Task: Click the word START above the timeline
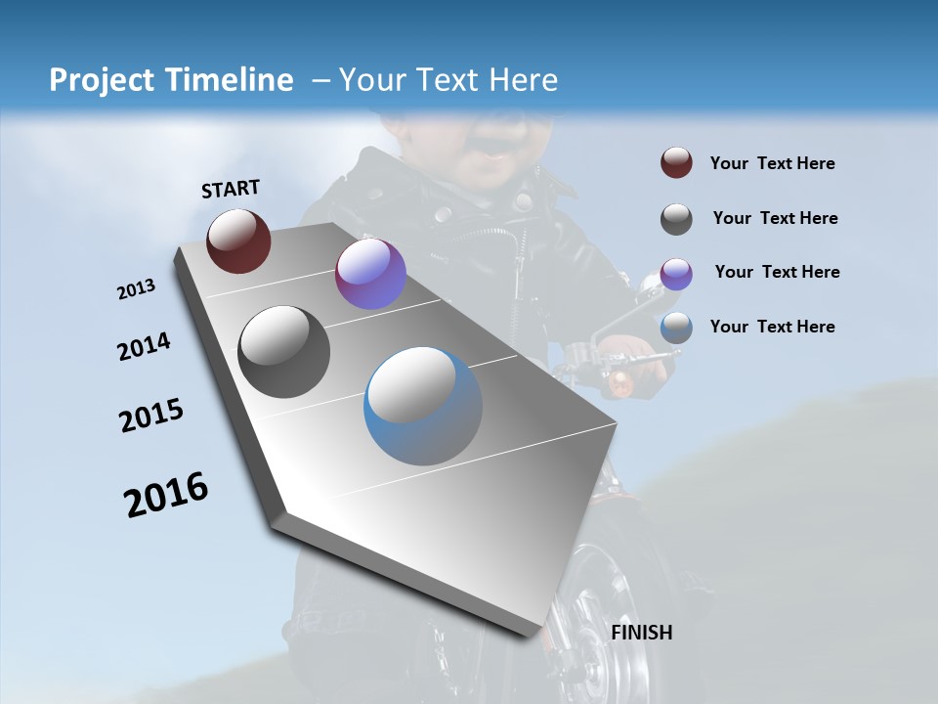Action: (231, 189)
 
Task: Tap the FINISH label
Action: (642, 633)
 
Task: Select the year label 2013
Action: (137, 289)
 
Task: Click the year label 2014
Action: (144, 346)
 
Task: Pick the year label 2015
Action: (151, 416)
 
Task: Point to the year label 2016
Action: (166, 495)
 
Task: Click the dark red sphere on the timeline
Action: (238, 241)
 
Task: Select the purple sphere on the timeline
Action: (370, 274)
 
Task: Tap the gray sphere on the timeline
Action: (284, 352)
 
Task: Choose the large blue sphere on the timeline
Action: (423, 406)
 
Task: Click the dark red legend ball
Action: (676, 163)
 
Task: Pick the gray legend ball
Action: (676, 219)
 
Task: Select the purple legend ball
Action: (676, 274)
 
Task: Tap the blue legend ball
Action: (676, 328)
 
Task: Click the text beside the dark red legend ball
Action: (773, 164)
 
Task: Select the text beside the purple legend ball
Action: (778, 272)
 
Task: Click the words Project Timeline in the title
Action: (171, 80)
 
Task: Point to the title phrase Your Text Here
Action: (448, 80)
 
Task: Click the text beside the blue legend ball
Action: (773, 327)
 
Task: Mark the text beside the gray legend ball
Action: (776, 218)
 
